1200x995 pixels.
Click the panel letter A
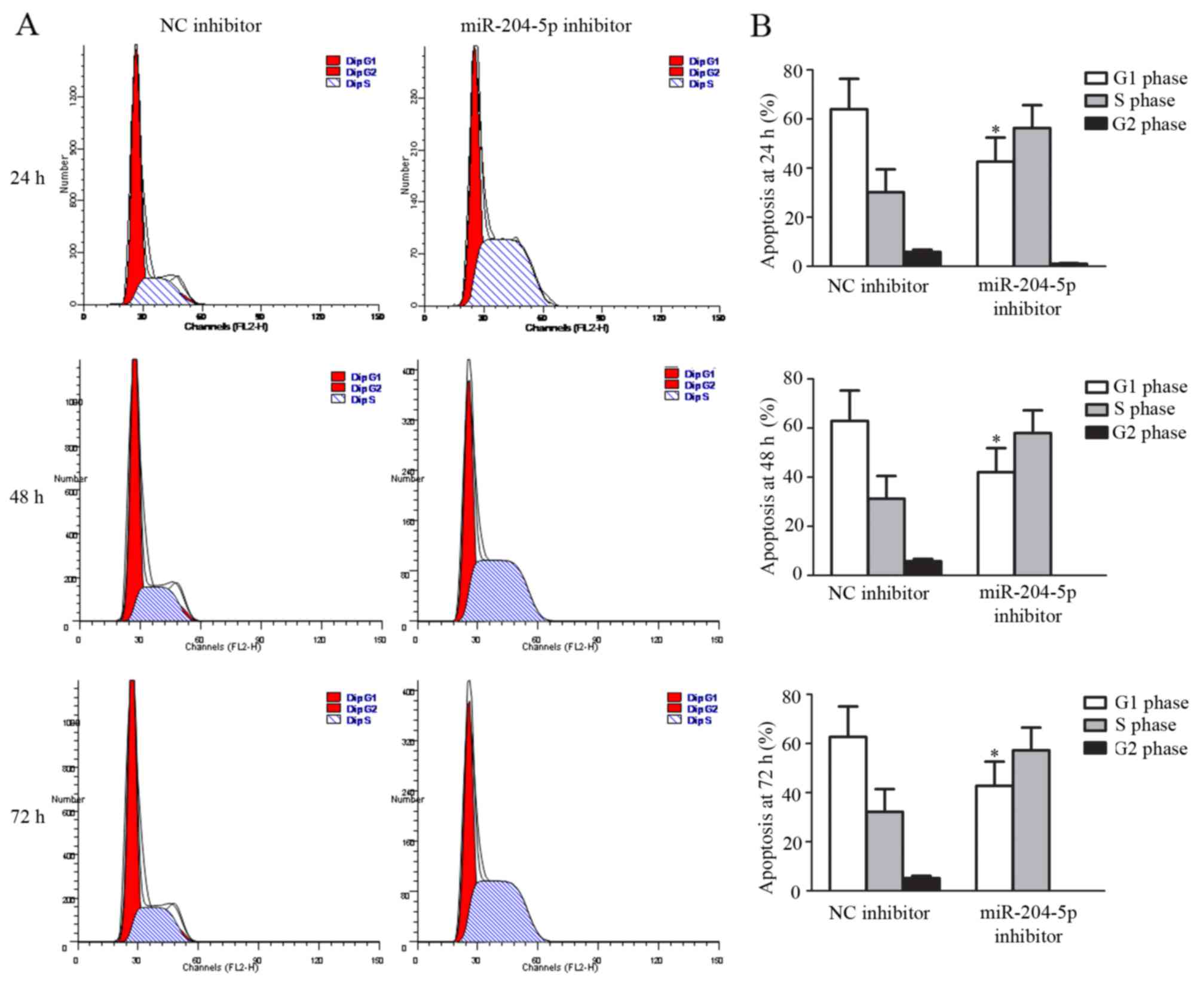(27, 25)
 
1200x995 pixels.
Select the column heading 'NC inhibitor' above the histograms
(210, 26)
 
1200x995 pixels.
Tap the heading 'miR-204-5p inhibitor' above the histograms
(546, 26)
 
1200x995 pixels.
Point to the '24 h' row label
(27, 177)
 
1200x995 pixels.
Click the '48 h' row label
(27, 497)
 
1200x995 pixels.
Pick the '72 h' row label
(27, 816)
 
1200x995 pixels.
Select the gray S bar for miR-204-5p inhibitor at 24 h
(1032, 197)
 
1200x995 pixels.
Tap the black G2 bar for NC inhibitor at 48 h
(923, 567)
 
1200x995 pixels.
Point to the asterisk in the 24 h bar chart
(995, 130)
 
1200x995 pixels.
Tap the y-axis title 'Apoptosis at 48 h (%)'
(768, 485)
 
